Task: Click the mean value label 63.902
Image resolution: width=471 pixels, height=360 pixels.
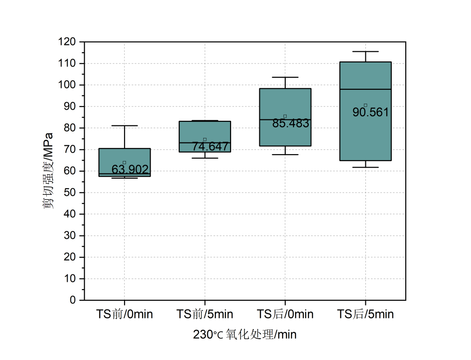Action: [130, 170]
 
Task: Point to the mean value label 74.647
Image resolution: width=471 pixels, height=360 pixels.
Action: [210, 147]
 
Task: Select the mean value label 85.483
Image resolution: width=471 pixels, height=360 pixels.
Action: [291, 124]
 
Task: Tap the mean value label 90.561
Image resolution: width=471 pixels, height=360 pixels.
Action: [371, 112]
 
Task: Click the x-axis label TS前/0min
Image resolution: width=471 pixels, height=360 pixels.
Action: [125, 315]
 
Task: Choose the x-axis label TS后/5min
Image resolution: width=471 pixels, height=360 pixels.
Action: [365, 315]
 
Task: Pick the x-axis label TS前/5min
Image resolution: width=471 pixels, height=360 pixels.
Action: [205, 315]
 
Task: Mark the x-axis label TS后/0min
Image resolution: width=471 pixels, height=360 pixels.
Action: [285, 315]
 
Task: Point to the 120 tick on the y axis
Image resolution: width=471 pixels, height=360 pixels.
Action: [68, 42]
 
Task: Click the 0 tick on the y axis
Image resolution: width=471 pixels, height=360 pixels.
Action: [73, 300]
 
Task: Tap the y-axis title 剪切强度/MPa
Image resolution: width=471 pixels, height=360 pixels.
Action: [49, 171]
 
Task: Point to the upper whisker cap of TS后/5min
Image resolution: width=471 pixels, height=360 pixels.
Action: [365, 51]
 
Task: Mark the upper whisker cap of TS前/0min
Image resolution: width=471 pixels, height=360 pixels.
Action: [125, 125]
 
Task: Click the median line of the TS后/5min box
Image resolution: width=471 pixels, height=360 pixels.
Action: [365, 89]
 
